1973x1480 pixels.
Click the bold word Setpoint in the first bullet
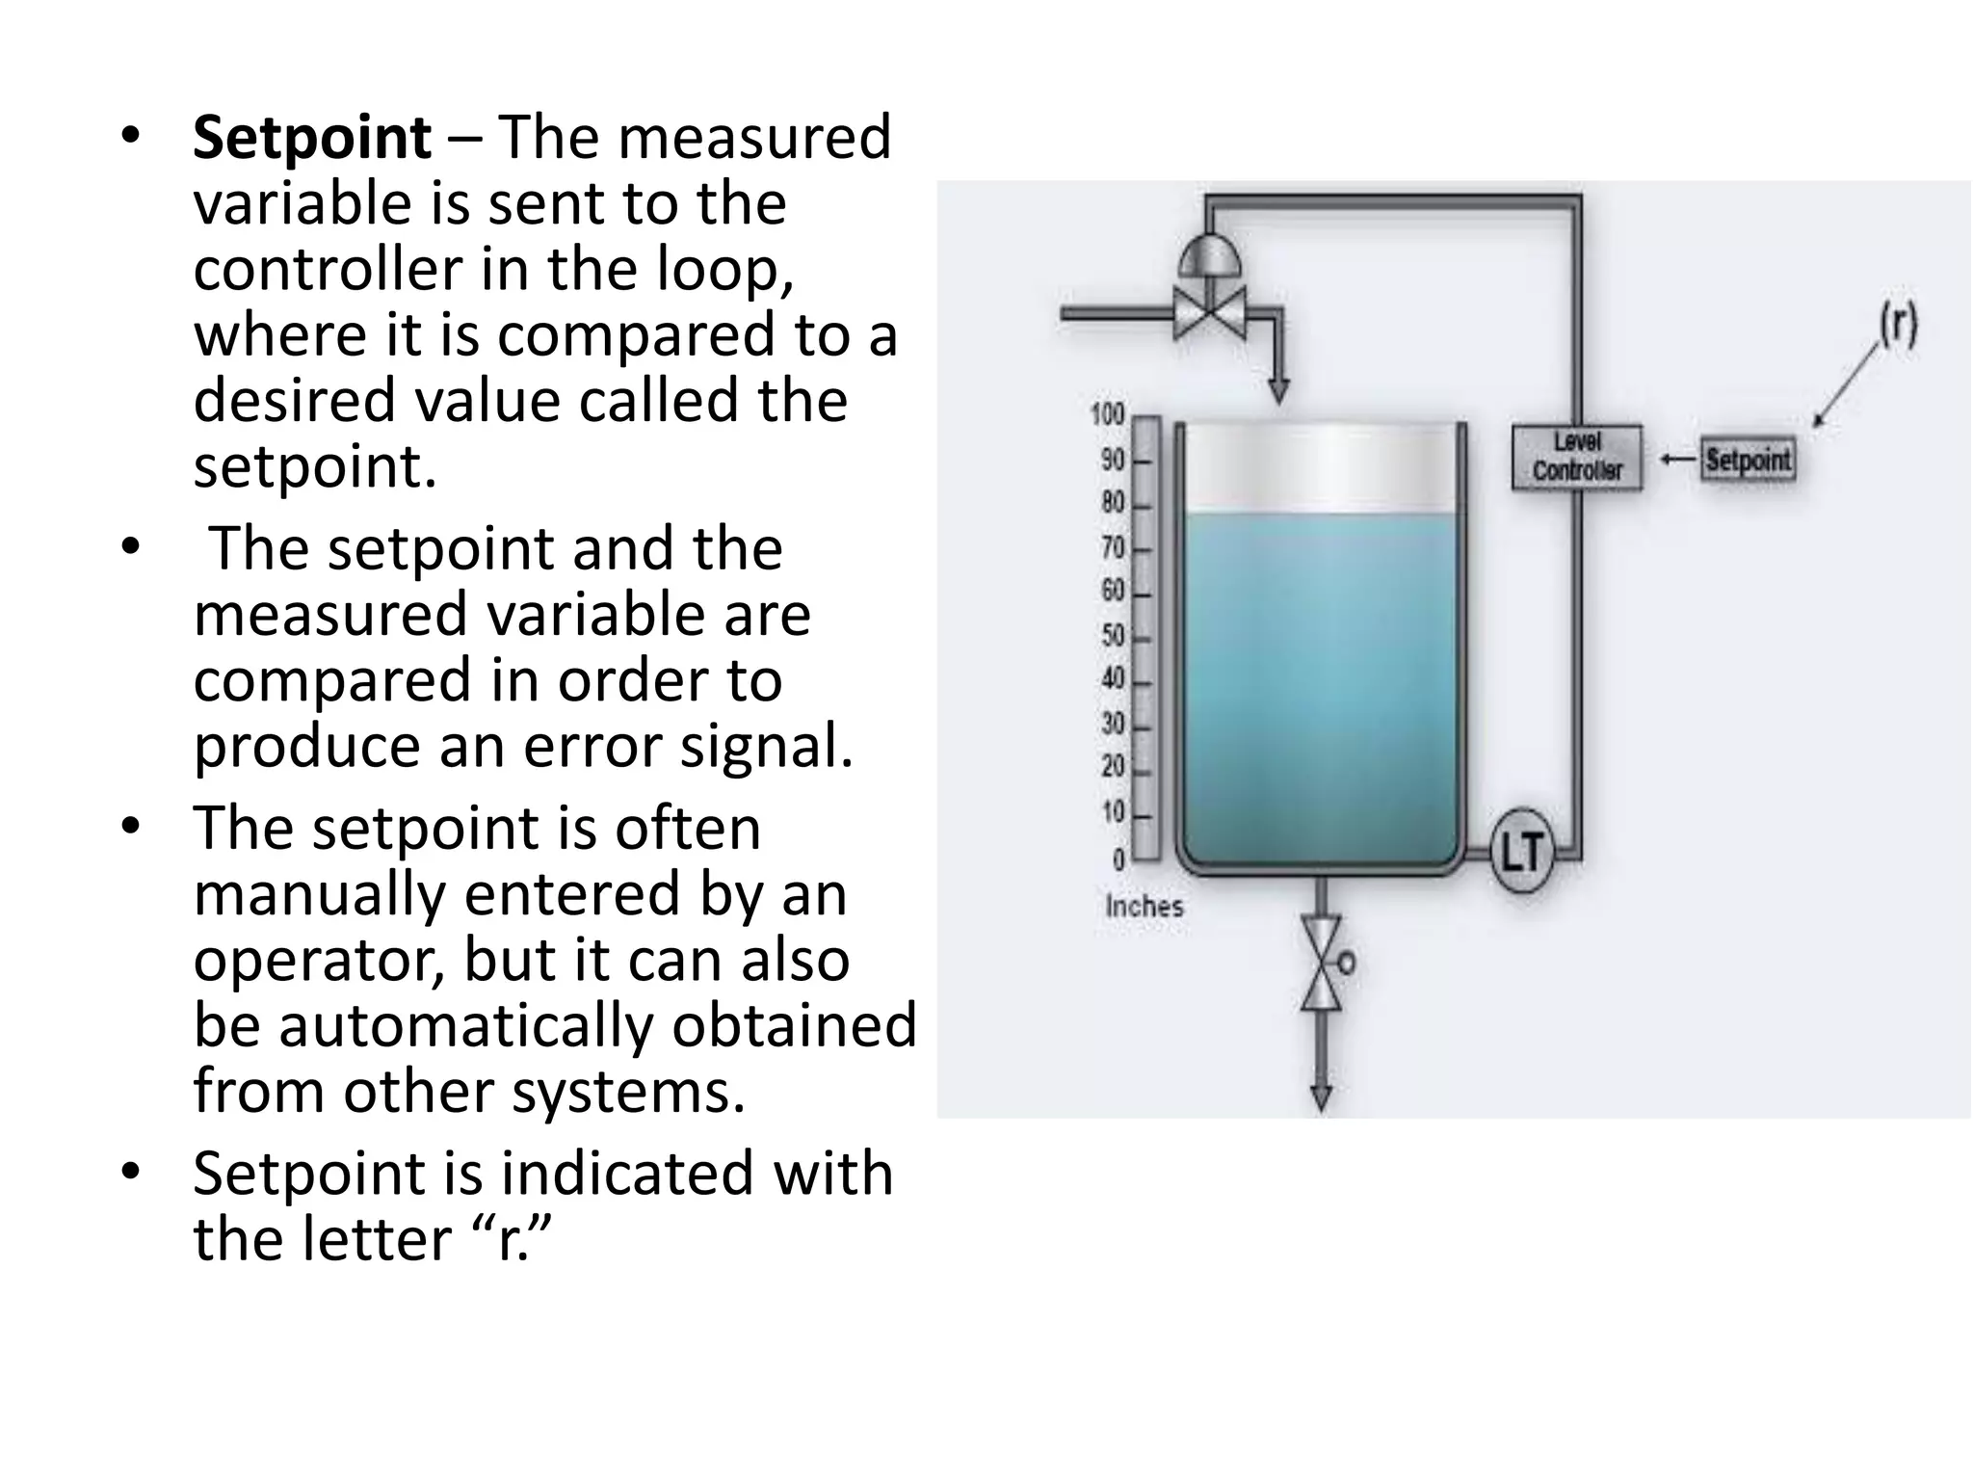311,138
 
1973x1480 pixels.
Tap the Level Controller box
1576,457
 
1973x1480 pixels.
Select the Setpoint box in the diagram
1748,459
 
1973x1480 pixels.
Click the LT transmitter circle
1522,851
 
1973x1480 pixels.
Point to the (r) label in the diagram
1898,326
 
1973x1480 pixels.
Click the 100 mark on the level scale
1108,415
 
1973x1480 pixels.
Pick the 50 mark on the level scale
1113,636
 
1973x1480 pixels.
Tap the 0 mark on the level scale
1118,858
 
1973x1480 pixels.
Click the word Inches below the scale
1144,906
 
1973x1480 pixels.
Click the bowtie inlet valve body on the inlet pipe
1210,312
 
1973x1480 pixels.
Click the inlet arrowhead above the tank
1278,390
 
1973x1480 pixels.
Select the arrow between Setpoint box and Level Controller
1677,459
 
